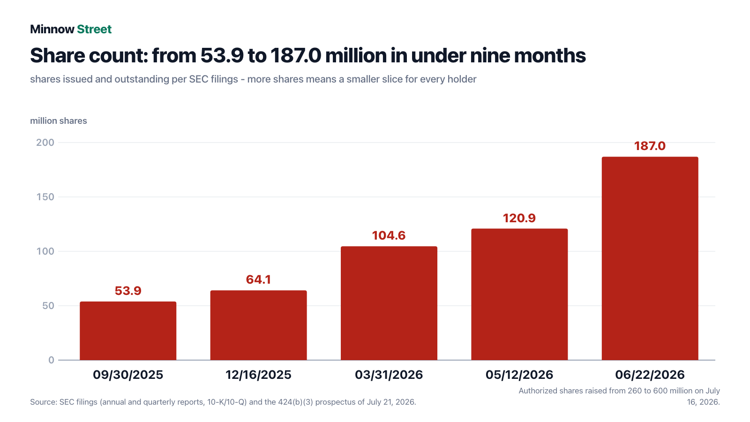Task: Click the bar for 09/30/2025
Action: click(128, 331)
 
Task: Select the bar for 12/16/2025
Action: click(258, 325)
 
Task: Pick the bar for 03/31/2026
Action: click(389, 303)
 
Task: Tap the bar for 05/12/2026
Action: click(519, 294)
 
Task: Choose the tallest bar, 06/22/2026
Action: click(650, 258)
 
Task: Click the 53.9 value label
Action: click(128, 291)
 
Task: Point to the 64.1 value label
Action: click(258, 279)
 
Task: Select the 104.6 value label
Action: click(389, 235)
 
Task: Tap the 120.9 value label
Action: click(519, 218)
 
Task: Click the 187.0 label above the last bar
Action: click(650, 146)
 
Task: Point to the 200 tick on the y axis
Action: click(45, 143)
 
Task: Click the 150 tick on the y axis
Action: click(45, 197)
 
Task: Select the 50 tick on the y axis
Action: click(48, 306)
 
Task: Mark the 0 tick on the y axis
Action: click(51, 360)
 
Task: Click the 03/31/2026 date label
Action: click(389, 375)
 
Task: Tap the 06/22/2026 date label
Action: click(650, 375)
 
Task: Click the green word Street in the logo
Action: click(94, 29)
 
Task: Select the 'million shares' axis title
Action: click(59, 121)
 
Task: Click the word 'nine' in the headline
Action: click(490, 55)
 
